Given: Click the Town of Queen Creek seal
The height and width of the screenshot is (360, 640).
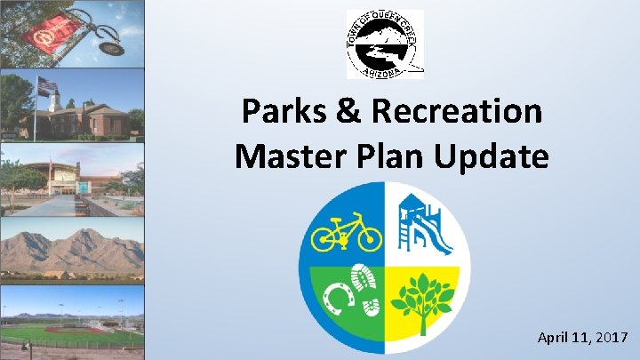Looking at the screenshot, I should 384,44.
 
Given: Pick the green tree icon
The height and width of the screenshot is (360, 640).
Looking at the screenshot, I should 427,301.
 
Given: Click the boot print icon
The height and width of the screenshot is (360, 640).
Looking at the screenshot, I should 365,287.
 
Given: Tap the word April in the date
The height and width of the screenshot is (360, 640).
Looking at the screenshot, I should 553,338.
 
